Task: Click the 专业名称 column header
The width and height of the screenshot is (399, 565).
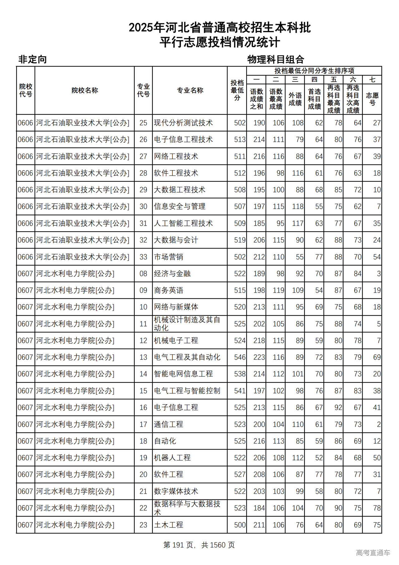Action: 190,90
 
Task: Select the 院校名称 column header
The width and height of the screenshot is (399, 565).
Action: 84,90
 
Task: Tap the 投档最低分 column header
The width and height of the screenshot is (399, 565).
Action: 237,90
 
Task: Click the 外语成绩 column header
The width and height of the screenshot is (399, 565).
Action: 295,99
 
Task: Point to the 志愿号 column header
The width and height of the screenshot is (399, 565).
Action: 372,99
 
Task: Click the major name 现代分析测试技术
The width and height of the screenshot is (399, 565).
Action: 183,123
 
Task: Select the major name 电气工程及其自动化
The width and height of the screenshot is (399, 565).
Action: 187,357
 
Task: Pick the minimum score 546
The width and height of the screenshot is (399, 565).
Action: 240,357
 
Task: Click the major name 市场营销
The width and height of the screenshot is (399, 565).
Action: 168,257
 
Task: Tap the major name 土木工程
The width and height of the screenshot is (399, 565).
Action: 168,525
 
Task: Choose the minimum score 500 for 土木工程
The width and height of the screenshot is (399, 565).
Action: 240,525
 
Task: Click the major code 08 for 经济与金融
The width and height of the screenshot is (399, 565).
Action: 143,274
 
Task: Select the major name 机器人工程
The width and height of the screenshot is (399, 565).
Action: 172,458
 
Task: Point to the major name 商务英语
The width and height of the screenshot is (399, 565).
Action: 168,290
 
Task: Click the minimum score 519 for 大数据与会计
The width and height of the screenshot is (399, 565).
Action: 240,240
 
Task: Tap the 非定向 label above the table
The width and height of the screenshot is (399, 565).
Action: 32,59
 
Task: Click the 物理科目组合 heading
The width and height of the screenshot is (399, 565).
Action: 276,59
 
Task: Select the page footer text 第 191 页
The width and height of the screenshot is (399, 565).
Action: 178,545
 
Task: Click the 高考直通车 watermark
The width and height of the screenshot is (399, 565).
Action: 373,553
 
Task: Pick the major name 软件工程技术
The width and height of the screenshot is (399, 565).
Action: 176,173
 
